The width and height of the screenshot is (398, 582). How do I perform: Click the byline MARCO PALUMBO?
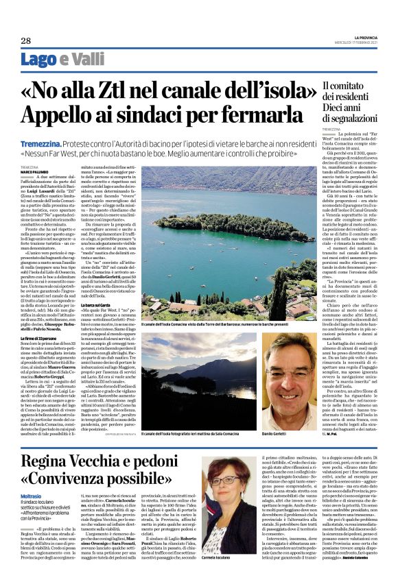[35, 172]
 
